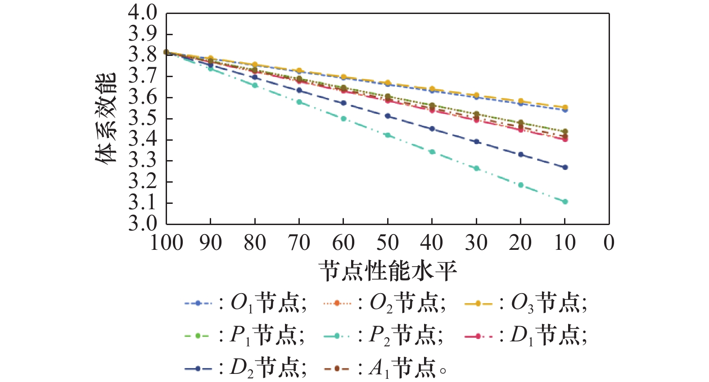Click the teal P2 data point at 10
pyautogui.click(x=565, y=202)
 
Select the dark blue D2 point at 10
pyautogui.click(x=565, y=167)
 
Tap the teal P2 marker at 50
pyautogui.click(x=388, y=135)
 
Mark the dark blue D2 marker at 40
pyautogui.click(x=432, y=129)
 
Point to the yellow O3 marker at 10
pyautogui.click(x=565, y=107)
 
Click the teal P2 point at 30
pyautogui.click(x=476, y=168)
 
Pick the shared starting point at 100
pyautogui.click(x=166, y=52)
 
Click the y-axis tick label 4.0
pyautogui.click(x=143, y=13)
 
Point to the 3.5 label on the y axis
pyautogui.click(x=143, y=119)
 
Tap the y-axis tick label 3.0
pyautogui.click(x=143, y=224)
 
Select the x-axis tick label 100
pyautogui.click(x=166, y=243)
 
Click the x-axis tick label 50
pyautogui.click(x=388, y=243)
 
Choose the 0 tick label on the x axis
pyautogui.click(x=609, y=243)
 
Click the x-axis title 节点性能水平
pyautogui.click(x=388, y=271)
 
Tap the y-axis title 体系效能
pyautogui.click(x=106, y=118)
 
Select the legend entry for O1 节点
pyautogui.click(x=245, y=304)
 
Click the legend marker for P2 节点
pyautogui.click(x=337, y=336)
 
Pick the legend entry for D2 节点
pyautogui.click(x=245, y=368)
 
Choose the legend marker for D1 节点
pyautogui.click(x=478, y=336)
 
